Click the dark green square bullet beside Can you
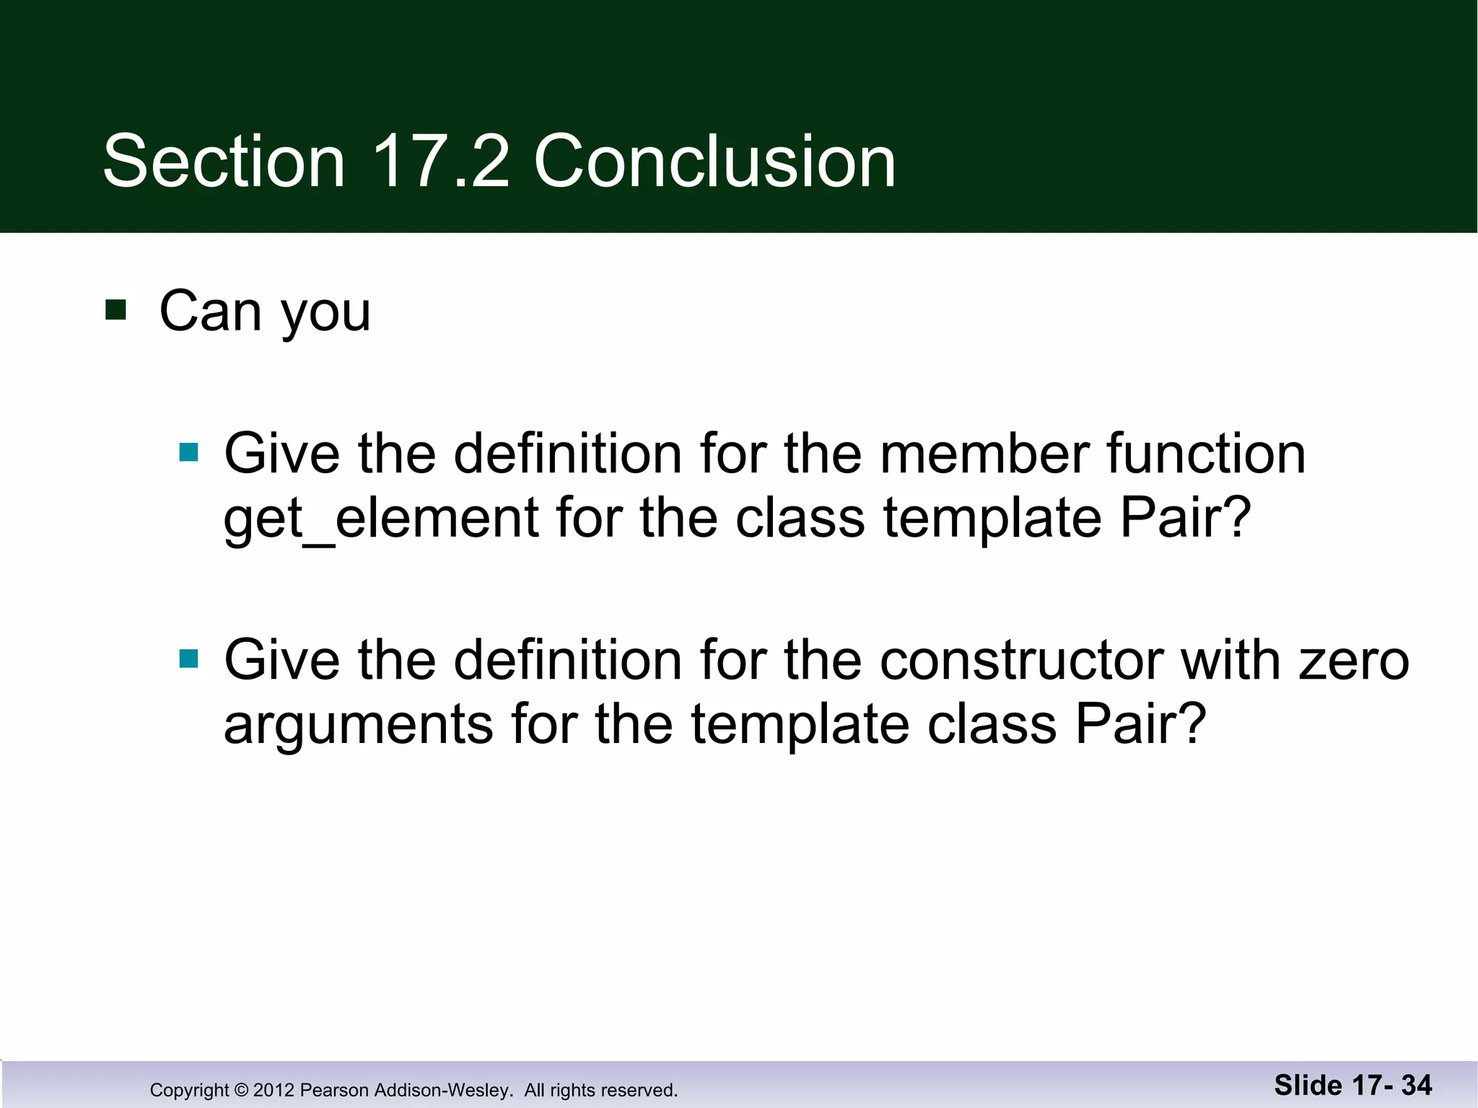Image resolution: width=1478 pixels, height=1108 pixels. pos(115,310)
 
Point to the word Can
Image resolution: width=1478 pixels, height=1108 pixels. pos(209,312)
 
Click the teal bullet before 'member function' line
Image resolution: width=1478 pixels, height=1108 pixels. pos(188,452)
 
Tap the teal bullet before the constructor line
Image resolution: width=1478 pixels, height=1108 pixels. pos(188,659)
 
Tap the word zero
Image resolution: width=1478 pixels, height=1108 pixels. pos(1353,660)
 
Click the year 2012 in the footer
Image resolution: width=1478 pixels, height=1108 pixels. pos(274,1090)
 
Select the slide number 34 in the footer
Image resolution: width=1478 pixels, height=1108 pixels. pos(1417,1085)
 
